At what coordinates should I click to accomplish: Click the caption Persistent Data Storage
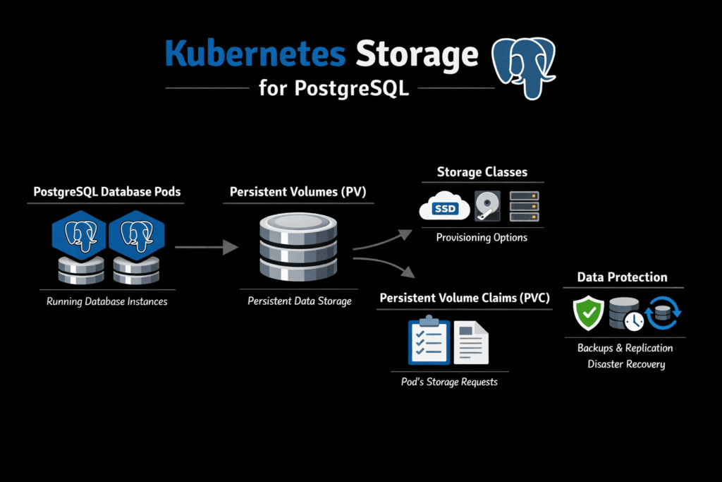pyautogui.click(x=299, y=301)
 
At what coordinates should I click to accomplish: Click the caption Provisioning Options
pyautogui.click(x=482, y=238)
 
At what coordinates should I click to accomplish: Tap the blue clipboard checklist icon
pyautogui.click(x=429, y=342)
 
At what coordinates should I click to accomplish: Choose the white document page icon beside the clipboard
pyautogui.click(x=471, y=343)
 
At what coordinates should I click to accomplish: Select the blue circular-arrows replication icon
pyautogui.click(x=663, y=313)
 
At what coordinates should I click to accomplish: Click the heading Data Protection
pyautogui.click(x=622, y=277)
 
